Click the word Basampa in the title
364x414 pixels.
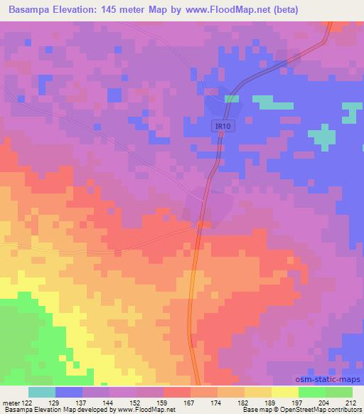point(31,10)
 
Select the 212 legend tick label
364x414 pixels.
point(350,402)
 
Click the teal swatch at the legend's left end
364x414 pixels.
point(42,392)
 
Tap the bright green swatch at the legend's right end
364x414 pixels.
point(339,392)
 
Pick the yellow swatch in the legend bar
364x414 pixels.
point(285,392)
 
